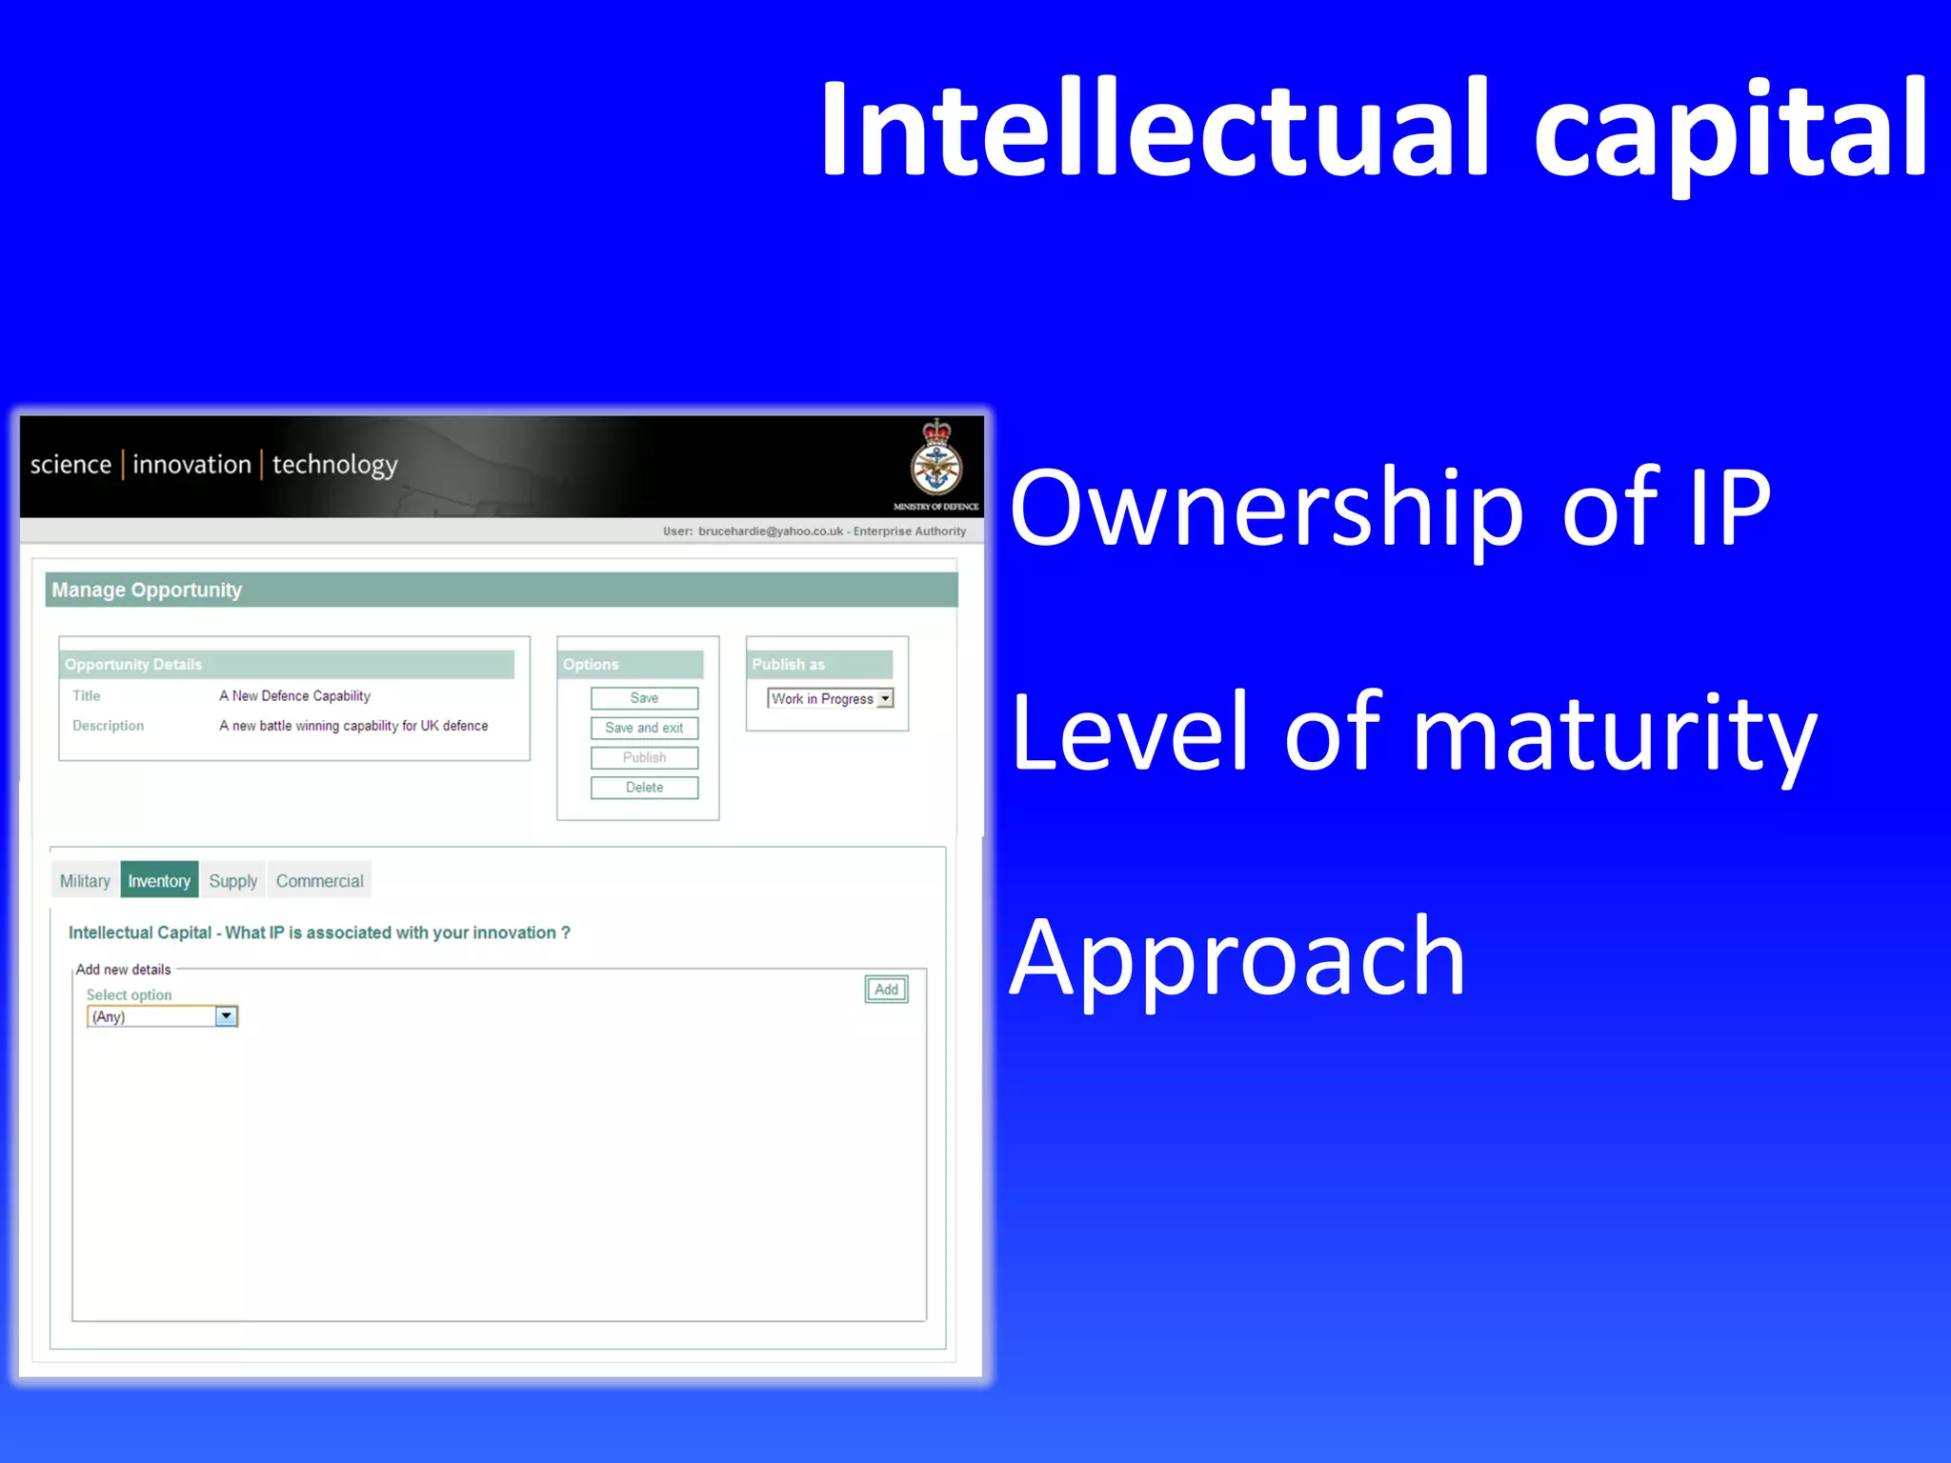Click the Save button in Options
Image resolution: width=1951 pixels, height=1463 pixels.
point(644,698)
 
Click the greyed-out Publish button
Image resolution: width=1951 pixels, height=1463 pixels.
point(644,757)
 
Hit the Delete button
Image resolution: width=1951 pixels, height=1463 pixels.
point(644,788)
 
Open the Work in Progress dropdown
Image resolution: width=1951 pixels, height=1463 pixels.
point(885,698)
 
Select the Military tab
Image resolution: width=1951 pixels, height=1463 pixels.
point(85,881)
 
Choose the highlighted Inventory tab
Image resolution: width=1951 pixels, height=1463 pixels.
point(159,881)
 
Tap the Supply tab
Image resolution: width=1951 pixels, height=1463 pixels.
point(233,881)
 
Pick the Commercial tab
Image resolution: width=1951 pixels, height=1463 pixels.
point(319,881)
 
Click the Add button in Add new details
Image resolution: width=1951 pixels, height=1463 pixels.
point(886,990)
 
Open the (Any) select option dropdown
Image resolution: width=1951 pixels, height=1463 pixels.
point(226,1016)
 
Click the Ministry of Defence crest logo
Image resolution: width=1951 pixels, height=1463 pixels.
point(936,460)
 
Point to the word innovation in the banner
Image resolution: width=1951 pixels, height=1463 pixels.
point(191,465)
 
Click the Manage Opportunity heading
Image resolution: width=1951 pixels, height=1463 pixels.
point(147,591)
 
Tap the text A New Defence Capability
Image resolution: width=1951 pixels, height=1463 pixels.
point(294,696)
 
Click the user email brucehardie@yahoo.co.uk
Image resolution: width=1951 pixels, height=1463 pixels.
point(770,531)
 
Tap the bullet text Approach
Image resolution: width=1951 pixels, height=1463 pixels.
point(1237,957)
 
